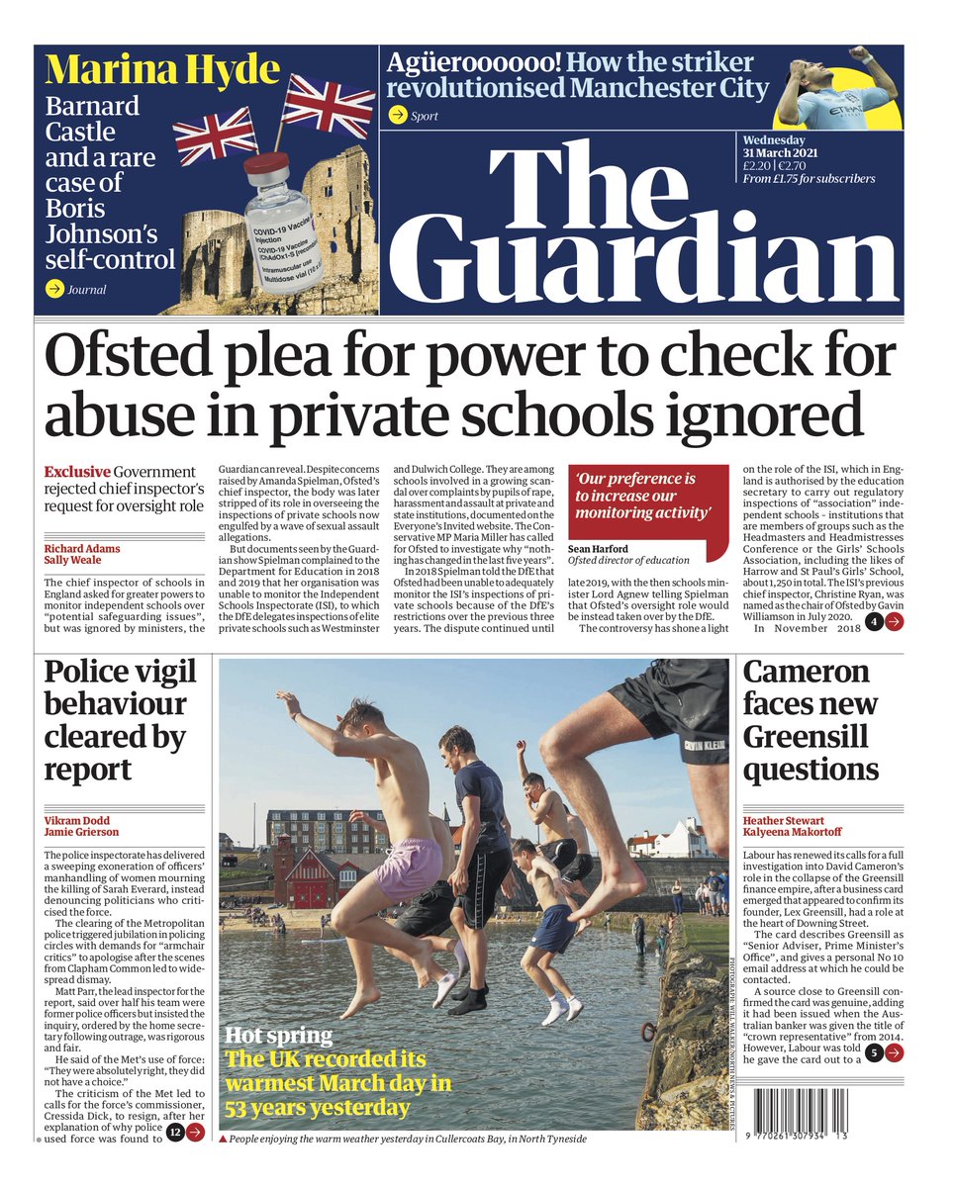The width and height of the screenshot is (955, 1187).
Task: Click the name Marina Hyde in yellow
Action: point(163,70)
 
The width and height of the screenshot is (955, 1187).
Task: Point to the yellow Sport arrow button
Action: point(398,116)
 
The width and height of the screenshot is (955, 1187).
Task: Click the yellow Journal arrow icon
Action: point(55,289)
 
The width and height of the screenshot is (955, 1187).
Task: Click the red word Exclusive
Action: point(77,472)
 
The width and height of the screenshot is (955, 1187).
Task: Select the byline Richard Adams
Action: point(80,548)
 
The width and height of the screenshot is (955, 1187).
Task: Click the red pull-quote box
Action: point(646,498)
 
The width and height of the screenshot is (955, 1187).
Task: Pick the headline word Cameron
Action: point(807,673)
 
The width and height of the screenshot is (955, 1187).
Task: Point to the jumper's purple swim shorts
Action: point(408,867)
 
